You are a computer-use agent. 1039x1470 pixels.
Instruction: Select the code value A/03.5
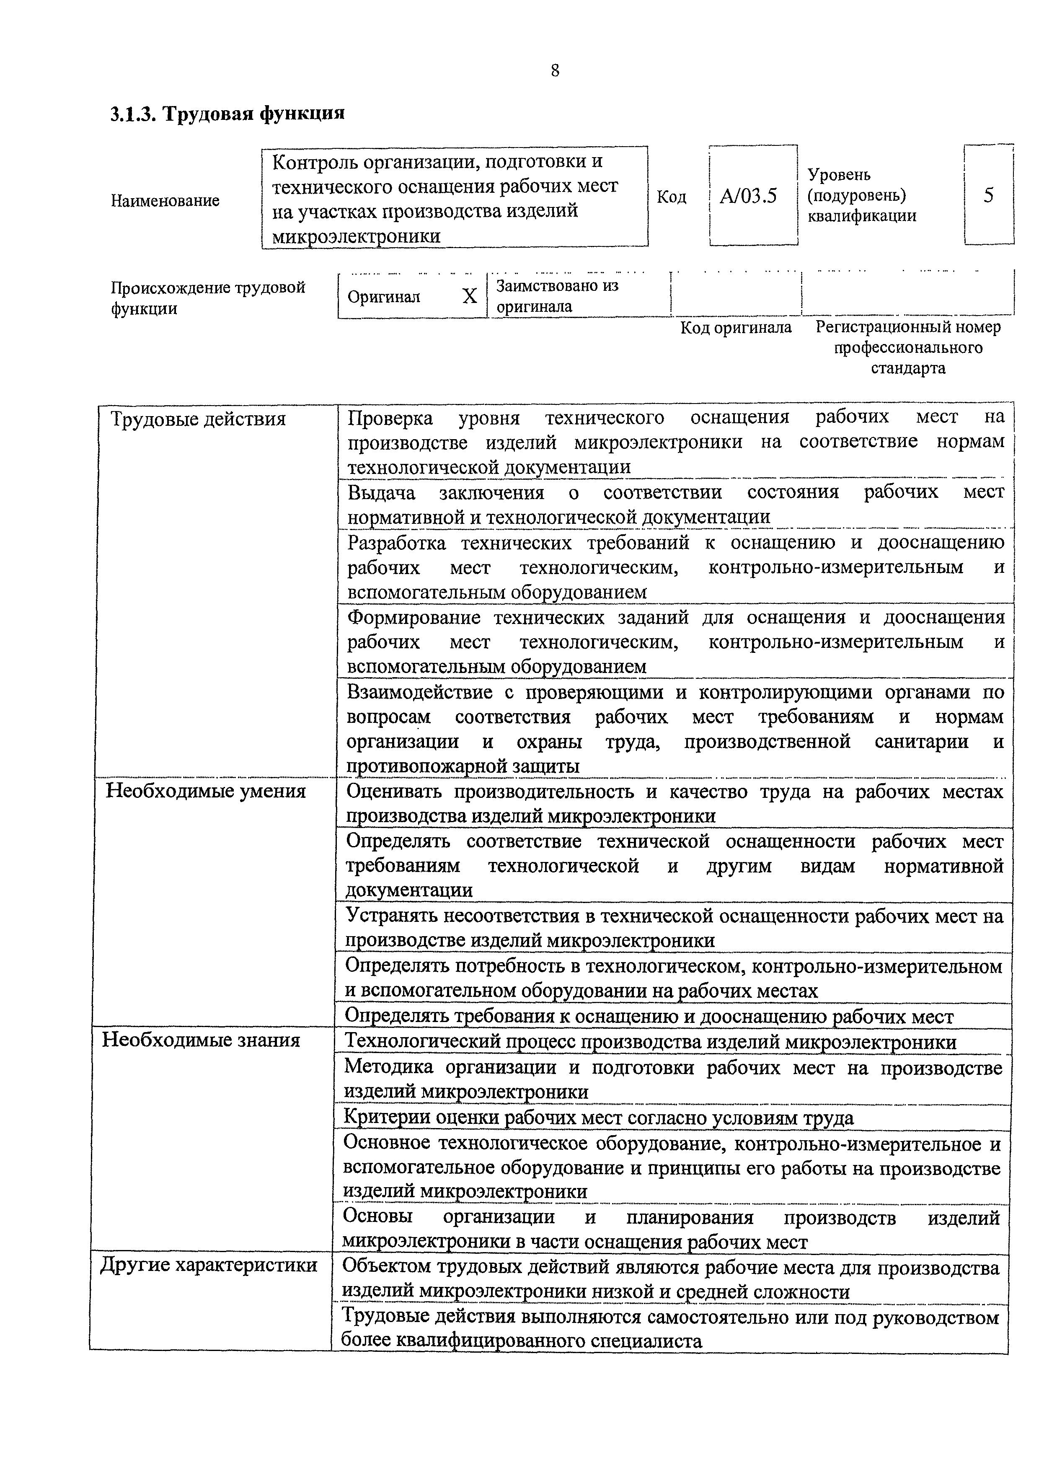coord(748,195)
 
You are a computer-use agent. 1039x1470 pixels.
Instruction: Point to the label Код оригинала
coord(736,328)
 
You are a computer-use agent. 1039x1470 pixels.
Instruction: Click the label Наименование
coord(165,200)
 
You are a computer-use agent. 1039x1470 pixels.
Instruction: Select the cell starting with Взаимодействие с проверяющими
coord(675,729)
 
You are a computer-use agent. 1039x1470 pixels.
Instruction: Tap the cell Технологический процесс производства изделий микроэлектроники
coord(650,1042)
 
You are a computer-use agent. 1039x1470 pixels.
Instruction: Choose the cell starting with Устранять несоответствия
coord(673,928)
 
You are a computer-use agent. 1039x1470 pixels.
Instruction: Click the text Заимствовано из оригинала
coord(557,296)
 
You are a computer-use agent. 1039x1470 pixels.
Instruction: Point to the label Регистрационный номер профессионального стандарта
coord(908,348)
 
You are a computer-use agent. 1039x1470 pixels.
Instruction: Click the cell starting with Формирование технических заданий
coord(675,642)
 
